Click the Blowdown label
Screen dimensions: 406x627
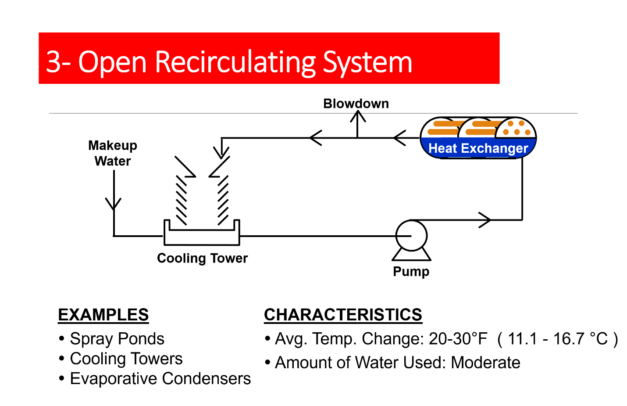[x=356, y=104]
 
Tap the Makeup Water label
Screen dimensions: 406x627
[x=113, y=153]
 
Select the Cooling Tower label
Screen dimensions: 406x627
[x=202, y=258]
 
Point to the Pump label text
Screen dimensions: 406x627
[x=411, y=271]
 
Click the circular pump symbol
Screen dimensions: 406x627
[x=411, y=236]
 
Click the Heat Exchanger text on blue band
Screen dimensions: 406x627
[x=478, y=148]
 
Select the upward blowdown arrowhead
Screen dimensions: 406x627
[x=358, y=116]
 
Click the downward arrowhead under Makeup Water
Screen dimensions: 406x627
[x=114, y=204]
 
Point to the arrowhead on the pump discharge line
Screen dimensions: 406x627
[x=485, y=220]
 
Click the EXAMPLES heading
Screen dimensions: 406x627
[x=103, y=315]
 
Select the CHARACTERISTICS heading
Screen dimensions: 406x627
[x=343, y=315]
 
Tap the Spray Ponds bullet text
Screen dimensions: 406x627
[x=117, y=339]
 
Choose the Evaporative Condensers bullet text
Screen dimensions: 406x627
[x=160, y=378]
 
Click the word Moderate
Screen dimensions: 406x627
[x=485, y=363]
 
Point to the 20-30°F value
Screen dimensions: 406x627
[x=458, y=339]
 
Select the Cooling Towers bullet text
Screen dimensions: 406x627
[x=126, y=359]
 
